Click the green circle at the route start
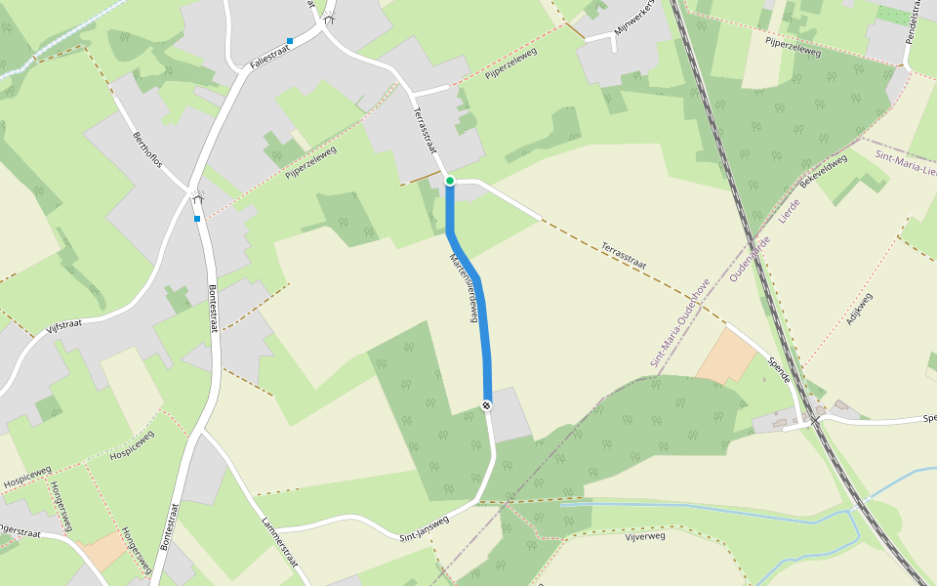449,181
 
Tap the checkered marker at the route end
486,405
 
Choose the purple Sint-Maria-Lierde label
906,164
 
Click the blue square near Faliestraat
290,41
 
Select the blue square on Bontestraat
197,219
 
